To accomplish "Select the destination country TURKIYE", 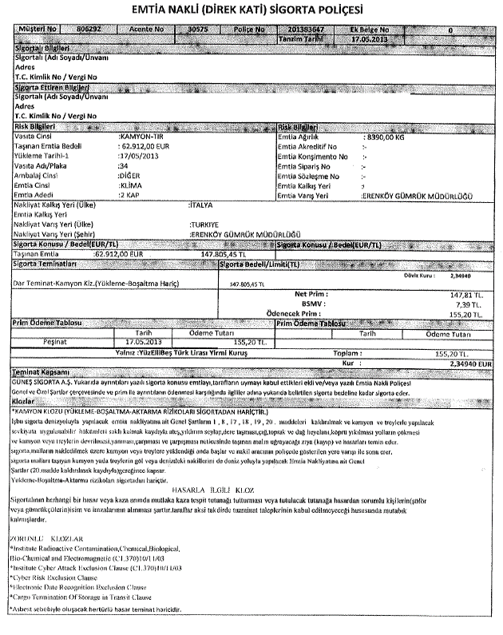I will (x=204, y=224).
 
